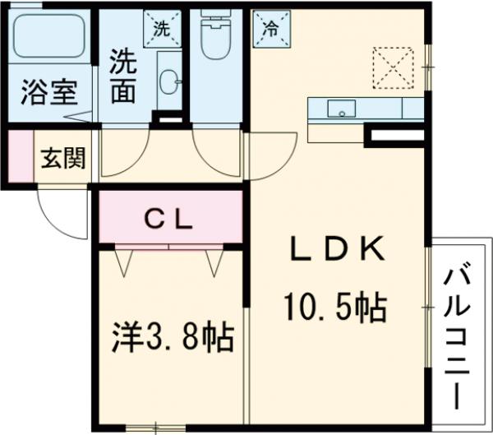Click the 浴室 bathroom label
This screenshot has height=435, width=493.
pyautogui.click(x=48, y=91)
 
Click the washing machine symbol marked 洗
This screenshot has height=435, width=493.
pyautogui.click(x=159, y=27)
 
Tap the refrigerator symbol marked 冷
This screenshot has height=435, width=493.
pyautogui.click(x=269, y=27)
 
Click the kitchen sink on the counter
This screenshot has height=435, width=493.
pyautogui.click(x=339, y=108)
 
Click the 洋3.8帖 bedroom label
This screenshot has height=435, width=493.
pyautogui.click(x=173, y=337)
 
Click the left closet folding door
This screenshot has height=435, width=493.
pyautogui.click(x=124, y=261)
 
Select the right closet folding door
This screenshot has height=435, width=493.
pyautogui.click(x=215, y=261)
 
